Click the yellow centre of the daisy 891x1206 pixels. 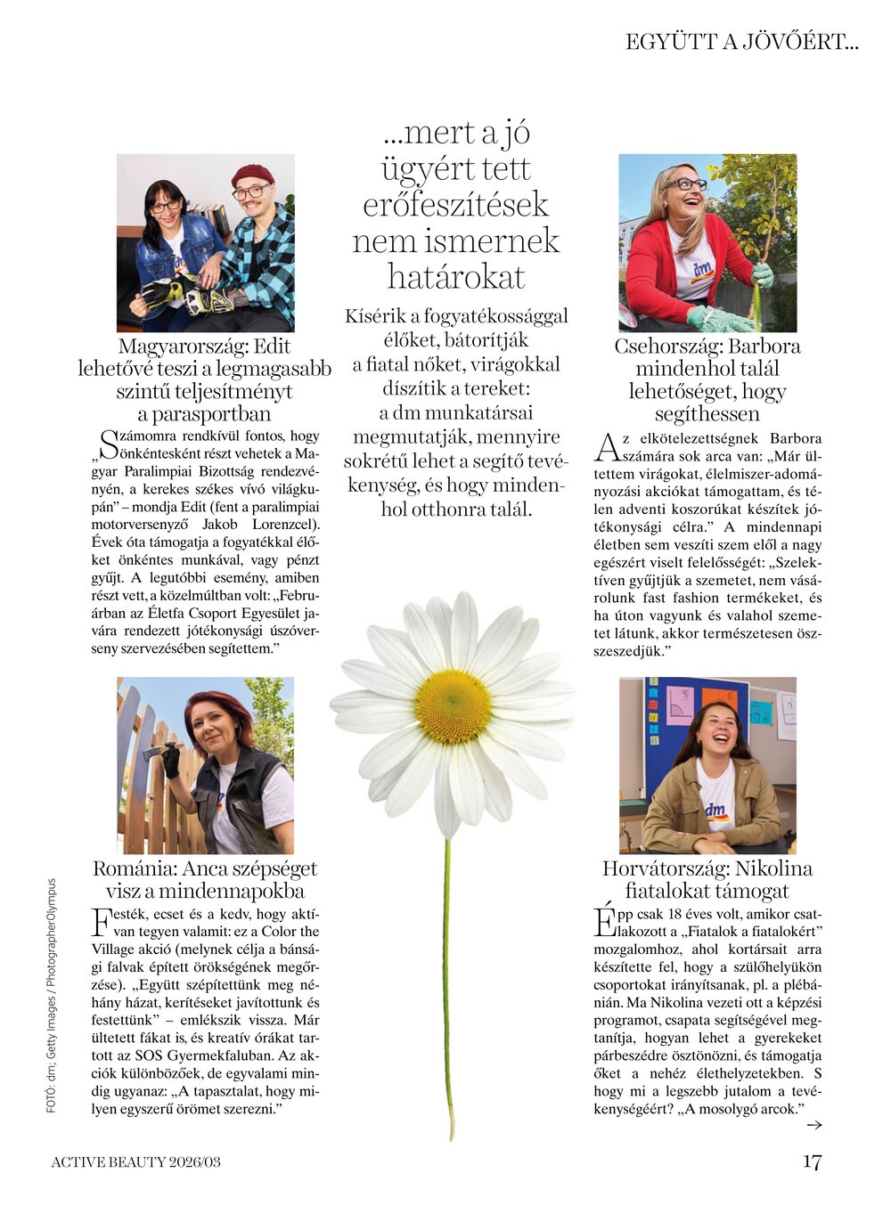pos(453,705)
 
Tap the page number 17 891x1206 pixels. pos(811,1161)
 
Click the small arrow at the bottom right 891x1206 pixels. pos(813,1125)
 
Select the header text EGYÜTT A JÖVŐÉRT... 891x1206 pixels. pos(741,42)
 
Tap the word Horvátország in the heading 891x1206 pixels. pos(660,868)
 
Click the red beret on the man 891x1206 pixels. pos(252,173)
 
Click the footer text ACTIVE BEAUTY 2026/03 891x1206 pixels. pos(135,1161)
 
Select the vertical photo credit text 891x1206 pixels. pos(51,995)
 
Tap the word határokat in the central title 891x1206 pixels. pos(455,277)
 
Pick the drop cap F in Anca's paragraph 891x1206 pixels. pos(102,921)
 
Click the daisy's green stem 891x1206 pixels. pos(448,980)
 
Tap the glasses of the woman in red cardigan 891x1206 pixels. pos(686,184)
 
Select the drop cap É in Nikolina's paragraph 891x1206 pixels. pos(604,921)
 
